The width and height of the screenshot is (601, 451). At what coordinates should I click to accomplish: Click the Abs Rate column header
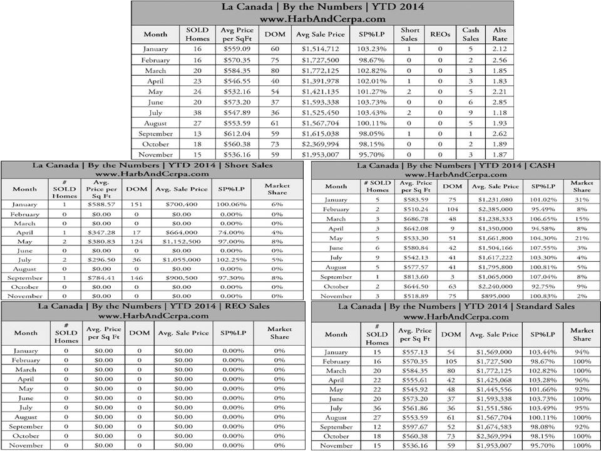click(x=500, y=34)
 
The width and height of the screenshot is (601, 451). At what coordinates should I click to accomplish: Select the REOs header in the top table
click(x=440, y=34)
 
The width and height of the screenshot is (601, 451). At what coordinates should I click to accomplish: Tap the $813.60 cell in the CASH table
click(x=416, y=277)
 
